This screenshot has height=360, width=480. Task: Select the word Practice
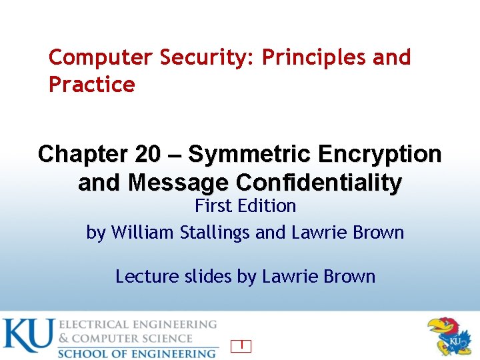[91, 85]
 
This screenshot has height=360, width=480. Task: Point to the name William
[141, 233]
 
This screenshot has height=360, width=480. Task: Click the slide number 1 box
[241, 345]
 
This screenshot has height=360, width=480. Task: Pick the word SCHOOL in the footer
[83, 353]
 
